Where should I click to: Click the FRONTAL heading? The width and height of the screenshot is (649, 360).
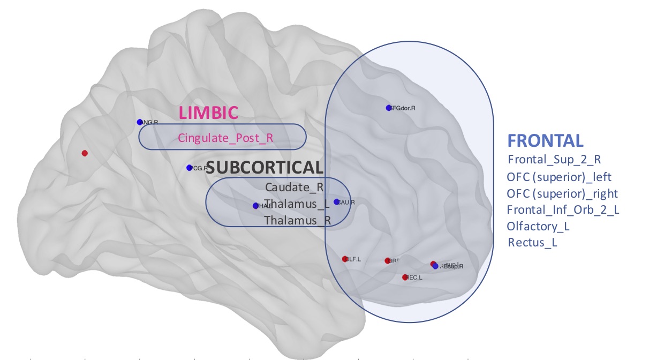(x=545, y=140)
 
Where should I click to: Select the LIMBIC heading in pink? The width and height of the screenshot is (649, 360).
(x=208, y=112)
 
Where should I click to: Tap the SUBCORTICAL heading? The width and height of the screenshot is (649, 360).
(x=265, y=168)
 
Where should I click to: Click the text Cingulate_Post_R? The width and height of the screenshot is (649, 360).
(x=225, y=138)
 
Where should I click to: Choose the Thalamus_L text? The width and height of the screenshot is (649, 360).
(x=297, y=204)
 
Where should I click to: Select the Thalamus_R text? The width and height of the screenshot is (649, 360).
(x=297, y=220)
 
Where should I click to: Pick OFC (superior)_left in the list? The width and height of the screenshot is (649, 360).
(x=559, y=176)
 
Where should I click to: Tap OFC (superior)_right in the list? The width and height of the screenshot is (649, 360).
(x=562, y=193)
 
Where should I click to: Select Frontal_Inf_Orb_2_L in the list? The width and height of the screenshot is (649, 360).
(x=563, y=209)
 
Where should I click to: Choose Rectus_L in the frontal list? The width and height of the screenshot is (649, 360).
(x=532, y=243)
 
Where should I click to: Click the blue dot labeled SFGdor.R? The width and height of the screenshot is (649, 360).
(x=389, y=108)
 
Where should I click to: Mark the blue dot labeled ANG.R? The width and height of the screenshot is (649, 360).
(x=140, y=122)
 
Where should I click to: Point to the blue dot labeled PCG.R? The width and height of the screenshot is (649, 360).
(x=189, y=168)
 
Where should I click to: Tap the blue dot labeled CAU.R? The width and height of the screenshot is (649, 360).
(x=336, y=202)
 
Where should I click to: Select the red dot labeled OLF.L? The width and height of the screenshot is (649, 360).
(x=345, y=259)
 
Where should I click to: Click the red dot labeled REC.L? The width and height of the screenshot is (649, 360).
(x=405, y=277)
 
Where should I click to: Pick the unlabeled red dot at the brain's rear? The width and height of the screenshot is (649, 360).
(x=85, y=153)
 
